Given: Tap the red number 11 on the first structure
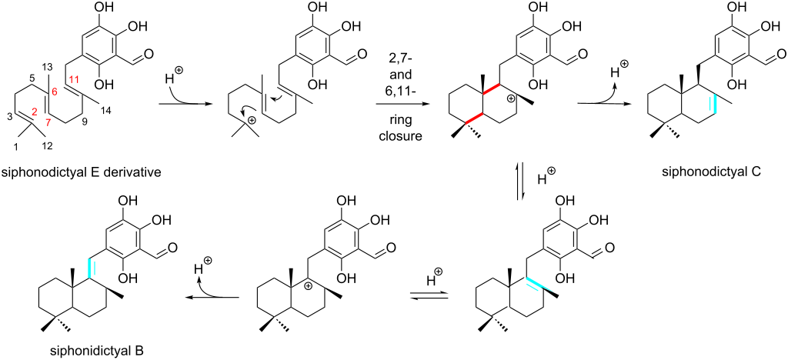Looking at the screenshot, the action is (74, 79).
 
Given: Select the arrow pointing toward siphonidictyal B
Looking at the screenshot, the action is (212, 297).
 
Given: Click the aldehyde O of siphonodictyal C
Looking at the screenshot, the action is (781, 53).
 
